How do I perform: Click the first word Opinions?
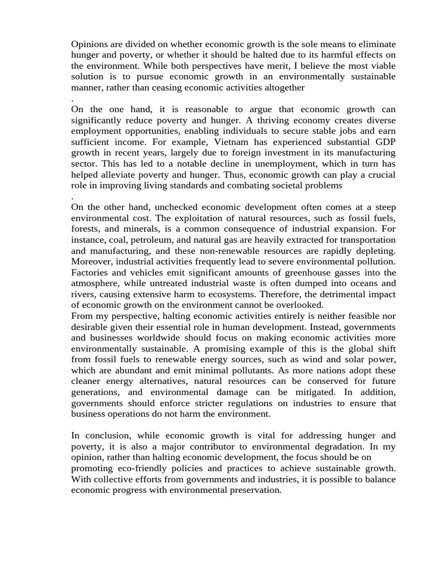tap(89, 44)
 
